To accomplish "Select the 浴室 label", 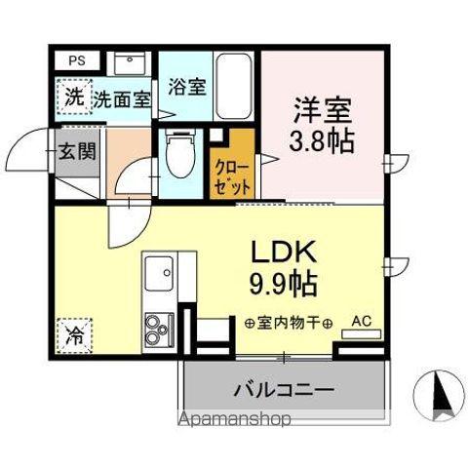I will point(185,86).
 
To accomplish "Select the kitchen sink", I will point(158,274).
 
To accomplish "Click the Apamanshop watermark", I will point(236,422).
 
